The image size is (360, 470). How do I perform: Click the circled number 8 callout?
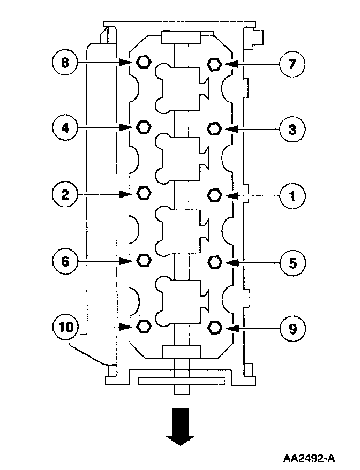pyautogui.click(x=65, y=63)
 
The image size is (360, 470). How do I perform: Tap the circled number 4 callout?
pyautogui.click(x=65, y=128)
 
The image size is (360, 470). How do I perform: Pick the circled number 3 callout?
pyautogui.click(x=292, y=130)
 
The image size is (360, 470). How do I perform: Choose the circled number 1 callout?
pyautogui.click(x=292, y=196)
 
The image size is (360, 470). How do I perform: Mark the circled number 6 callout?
pyautogui.click(x=65, y=261)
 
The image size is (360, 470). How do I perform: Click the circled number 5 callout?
pyautogui.click(x=292, y=263)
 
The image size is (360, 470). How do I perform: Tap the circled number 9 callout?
pyautogui.click(x=292, y=328)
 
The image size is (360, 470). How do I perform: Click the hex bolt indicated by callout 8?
pyautogui.click(x=142, y=62)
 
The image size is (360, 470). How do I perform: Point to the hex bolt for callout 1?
pyautogui.click(x=214, y=194)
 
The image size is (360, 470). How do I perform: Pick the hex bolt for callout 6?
pyautogui.click(x=143, y=260)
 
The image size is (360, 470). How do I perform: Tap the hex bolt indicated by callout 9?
pyautogui.click(x=214, y=327)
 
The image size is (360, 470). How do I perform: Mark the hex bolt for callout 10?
pyautogui.click(x=143, y=325)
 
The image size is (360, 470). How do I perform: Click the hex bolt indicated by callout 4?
pyautogui.click(x=143, y=127)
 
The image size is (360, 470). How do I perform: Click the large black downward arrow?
pyautogui.click(x=180, y=426)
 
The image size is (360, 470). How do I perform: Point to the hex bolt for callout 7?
pyautogui.click(x=214, y=64)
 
